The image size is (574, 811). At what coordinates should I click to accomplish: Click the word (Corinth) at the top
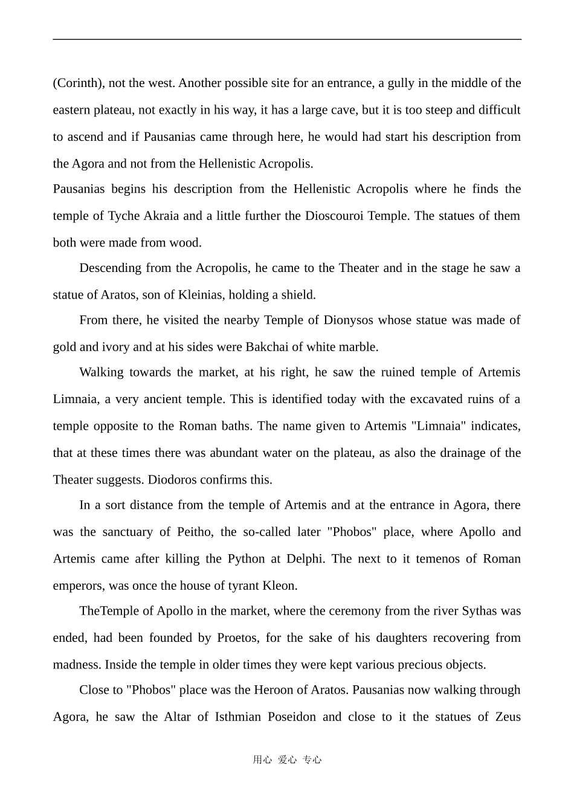pyautogui.click(x=78, y=83)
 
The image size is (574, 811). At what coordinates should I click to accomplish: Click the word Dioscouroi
pyautogui.click(x=334, y=216)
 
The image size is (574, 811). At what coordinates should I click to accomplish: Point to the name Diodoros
pyautogui.click(x=172, y=480)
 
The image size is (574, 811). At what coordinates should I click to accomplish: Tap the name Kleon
pyautogui.click(x=279, y=586)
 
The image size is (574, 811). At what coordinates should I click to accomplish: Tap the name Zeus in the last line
pyautogui.click(x=508, y=717)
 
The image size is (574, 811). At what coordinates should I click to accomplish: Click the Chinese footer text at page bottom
pyautogui.click(x=287, y=760)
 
